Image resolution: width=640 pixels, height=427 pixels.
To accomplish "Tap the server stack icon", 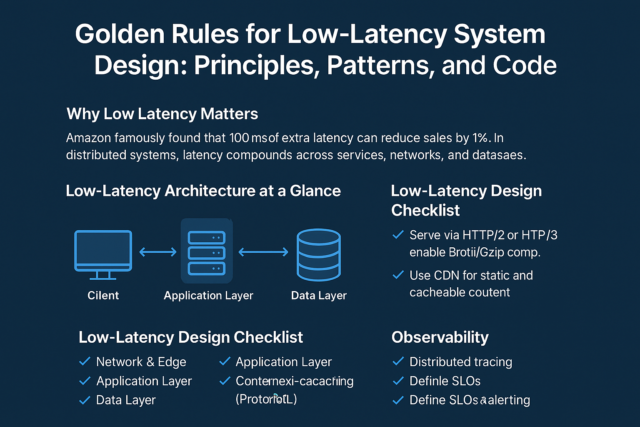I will point(207,253).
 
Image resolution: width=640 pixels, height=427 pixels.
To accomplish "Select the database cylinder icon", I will point(319,254).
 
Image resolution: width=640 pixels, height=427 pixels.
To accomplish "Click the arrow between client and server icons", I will point(157,252).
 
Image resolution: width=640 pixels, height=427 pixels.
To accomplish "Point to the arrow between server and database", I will point(263,252).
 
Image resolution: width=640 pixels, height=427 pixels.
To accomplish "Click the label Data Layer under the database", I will point(319,296).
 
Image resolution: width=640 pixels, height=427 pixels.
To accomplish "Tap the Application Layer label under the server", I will point(208,296).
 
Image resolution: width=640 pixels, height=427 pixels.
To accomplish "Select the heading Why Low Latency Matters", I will point(162,114).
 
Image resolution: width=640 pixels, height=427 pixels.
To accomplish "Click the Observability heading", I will point(440,337).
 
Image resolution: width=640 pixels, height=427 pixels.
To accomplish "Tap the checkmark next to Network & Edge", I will point(85,361).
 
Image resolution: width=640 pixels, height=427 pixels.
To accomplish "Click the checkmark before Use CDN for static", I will point(398,275).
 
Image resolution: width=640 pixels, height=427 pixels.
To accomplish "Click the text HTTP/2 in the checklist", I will point(483,235).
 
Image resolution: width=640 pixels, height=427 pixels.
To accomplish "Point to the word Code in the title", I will point(525,65).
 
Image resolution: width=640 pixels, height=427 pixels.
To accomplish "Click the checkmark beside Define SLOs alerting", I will point(398,400).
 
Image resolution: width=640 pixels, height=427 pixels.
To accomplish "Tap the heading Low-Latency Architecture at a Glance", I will point(203,191).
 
